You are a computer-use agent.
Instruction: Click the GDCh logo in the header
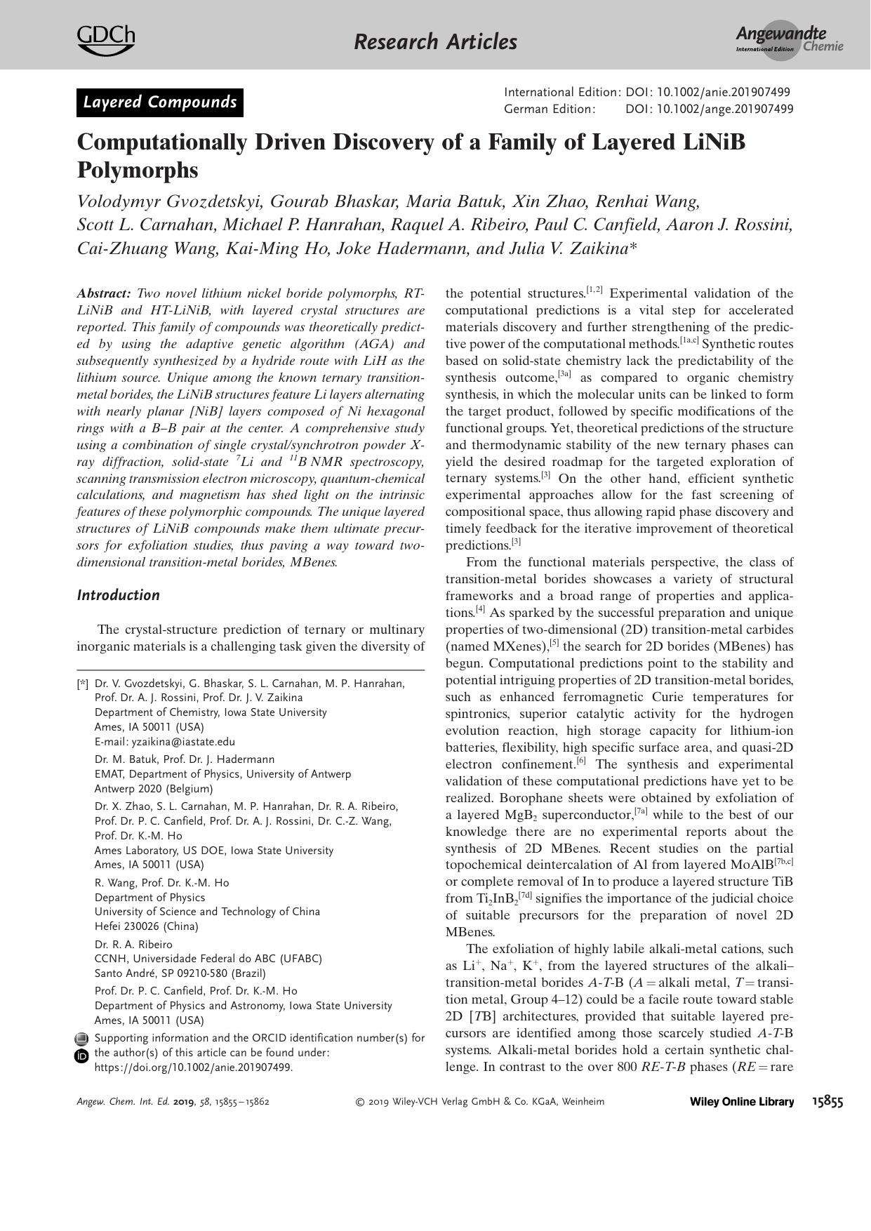(105, 39)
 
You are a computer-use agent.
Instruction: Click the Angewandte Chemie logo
(789, 39)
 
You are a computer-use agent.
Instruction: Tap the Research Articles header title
(435, 42)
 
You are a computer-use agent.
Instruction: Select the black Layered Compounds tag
(160, 102)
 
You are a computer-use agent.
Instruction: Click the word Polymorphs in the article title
(138, 171)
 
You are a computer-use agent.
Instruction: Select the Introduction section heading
(118, 595)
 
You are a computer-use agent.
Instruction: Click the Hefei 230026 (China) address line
(147, 926)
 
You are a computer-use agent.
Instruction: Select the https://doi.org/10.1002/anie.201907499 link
(194, 1067)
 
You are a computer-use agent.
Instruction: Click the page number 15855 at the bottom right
(827, 1102)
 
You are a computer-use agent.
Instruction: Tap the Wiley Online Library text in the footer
(742, 1102)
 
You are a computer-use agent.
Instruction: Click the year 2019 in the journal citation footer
(183, 1102)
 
